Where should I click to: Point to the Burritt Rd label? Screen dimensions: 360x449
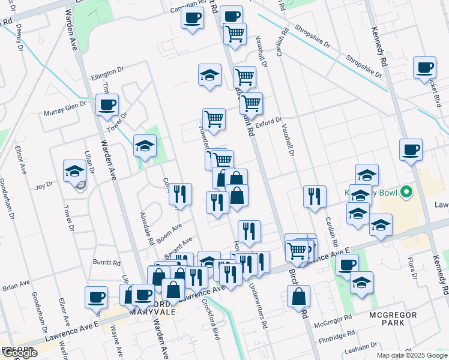107,263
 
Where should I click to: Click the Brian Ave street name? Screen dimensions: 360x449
16,287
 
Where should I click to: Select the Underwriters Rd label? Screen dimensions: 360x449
259,305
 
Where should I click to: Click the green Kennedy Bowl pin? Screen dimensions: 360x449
406,193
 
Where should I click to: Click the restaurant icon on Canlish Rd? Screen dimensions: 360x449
315,196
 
